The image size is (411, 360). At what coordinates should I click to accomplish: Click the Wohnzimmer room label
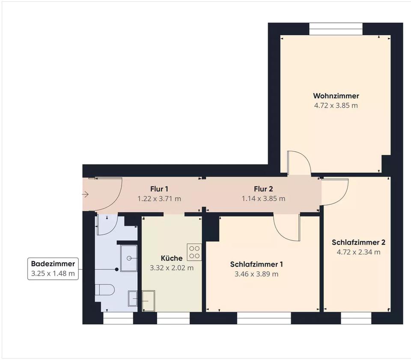[x=336, y=96]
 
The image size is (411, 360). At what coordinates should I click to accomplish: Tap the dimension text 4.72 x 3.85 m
[x=336, y=105]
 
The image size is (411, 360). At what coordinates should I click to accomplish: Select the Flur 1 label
[x=159, y=189]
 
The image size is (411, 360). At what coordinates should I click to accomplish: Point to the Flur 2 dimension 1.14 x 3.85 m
[x=263, y=198]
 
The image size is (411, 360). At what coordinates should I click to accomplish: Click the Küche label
[x=172, y=258]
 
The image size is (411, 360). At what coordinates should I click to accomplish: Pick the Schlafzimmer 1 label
[x=256, y=264]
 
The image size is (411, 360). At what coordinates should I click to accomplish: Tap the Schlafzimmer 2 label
[x=359, y=242]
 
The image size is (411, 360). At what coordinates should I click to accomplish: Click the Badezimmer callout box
[x=53, y=269]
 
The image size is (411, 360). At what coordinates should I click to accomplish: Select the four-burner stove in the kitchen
[x=194, y=252]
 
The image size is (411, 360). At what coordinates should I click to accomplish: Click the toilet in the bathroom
[x=105, y=290]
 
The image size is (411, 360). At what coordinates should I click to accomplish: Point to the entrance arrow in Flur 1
[x=86, y=195]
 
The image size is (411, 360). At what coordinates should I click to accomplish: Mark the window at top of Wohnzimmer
[x=336, y=29]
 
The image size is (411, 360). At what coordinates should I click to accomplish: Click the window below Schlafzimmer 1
[x=264, y=318]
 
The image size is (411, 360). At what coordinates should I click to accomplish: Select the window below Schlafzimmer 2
[x=356, y=318]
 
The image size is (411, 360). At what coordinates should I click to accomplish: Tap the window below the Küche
[x=173, y=318]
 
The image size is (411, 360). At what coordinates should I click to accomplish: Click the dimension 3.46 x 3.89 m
[x=256, y=274]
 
